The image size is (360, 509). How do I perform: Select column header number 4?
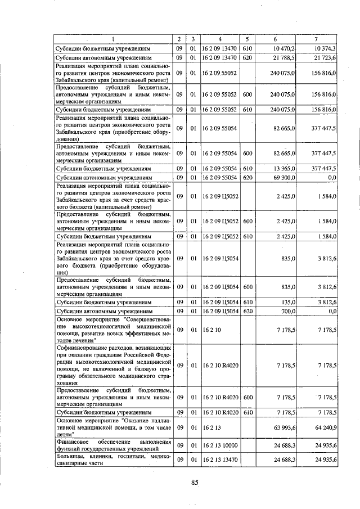click(x=220, y=39)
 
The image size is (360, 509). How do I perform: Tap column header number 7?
click(x=316, y=39)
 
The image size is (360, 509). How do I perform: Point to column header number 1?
click(x=112, y=39)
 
